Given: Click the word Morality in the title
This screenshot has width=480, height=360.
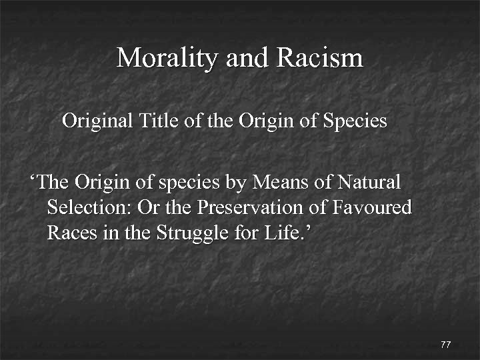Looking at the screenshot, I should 167,58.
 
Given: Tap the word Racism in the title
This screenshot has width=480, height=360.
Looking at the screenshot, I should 319,58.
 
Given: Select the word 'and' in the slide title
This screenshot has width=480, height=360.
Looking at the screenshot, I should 246,58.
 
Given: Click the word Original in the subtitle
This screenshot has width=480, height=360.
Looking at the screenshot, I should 98,121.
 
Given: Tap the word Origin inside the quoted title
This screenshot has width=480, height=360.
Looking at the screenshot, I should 100,182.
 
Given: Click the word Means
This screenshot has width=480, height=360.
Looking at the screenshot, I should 271,181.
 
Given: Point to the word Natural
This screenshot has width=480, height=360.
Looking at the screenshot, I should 369,181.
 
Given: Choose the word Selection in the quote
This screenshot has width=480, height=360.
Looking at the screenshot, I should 89,207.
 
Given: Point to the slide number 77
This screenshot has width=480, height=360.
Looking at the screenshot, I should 446,344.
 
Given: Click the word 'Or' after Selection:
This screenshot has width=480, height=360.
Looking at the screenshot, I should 148,207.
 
